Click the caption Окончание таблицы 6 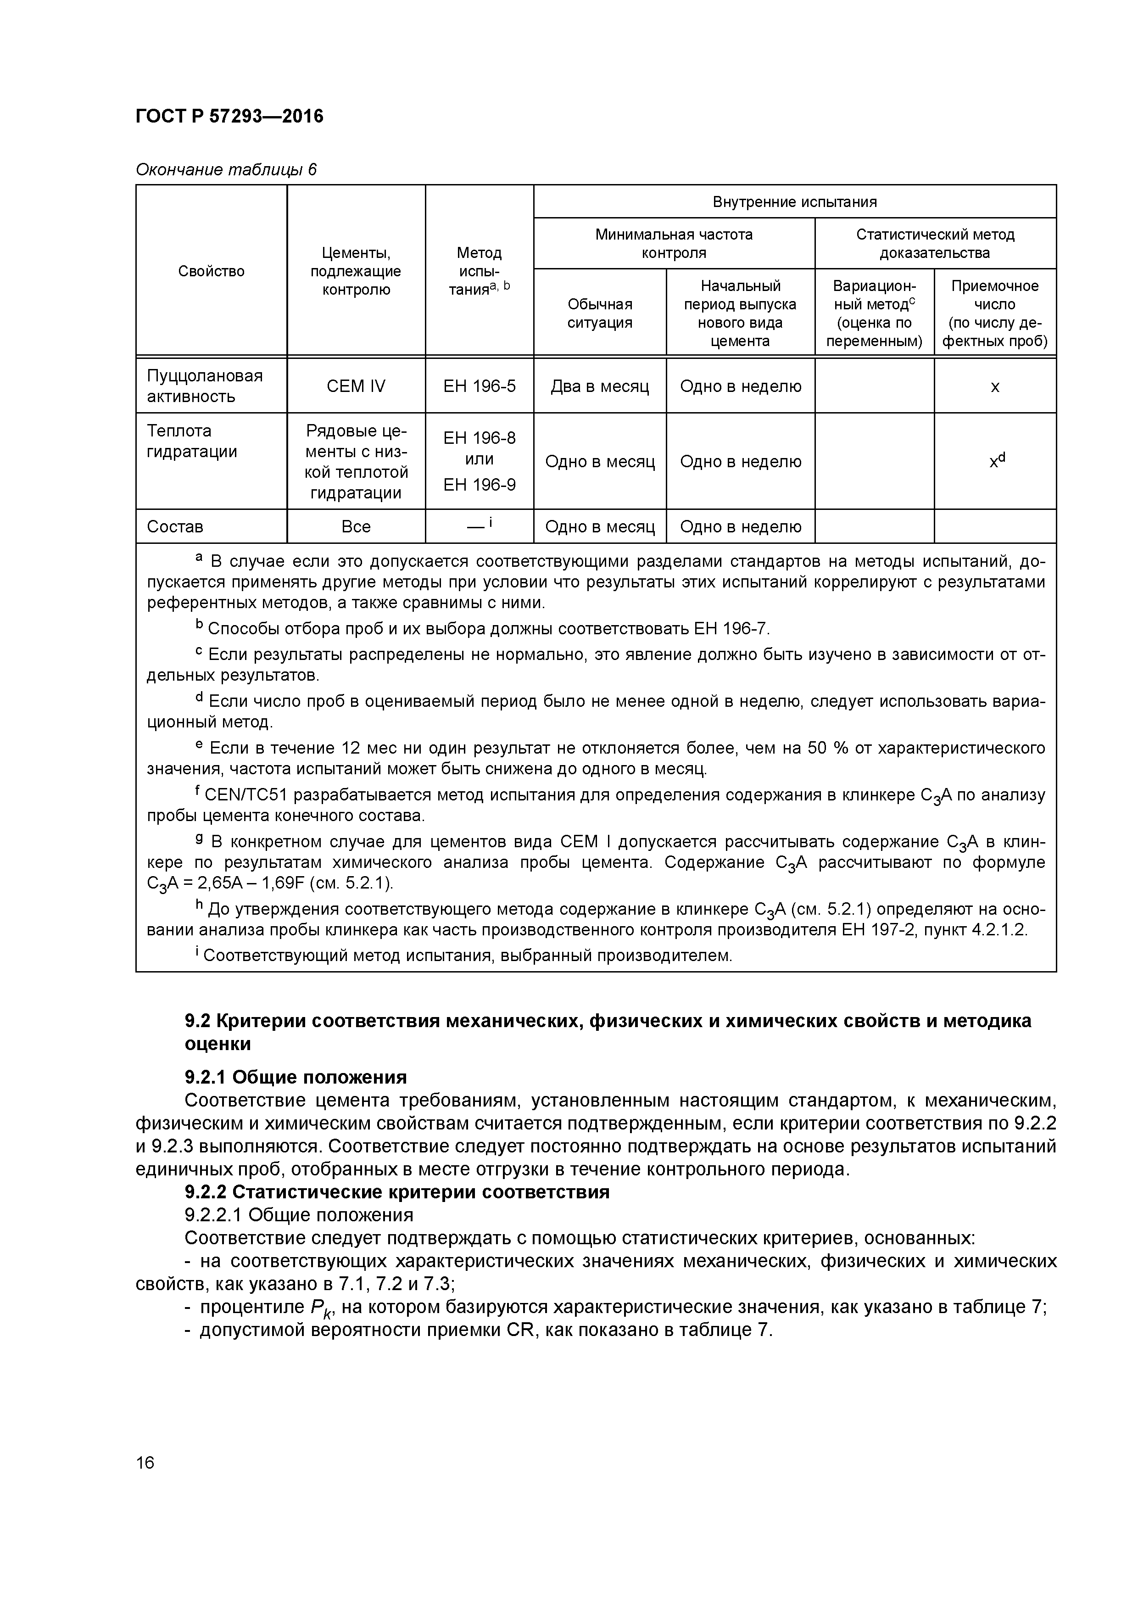(226, 170)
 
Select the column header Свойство (211, 271)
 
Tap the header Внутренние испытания (794, 202)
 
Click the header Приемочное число (994, 295)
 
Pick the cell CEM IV (356, 386)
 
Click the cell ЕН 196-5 (479, 386)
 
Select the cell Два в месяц (599, 386)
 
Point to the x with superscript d (996, 461)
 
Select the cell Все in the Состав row (356, 526)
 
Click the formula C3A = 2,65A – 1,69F (226, 883)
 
